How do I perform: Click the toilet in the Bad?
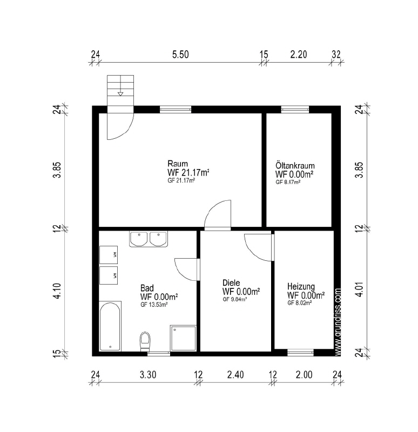click(145, 341)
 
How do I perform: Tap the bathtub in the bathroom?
click(110, 326)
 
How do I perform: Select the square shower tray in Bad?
click(183, 338)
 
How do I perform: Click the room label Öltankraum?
click(295, 166)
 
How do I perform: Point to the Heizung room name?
click(301, 287)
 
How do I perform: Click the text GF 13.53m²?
click(154, 305)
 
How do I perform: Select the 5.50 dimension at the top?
click(180, 55)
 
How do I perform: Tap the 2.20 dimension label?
click(299, 55)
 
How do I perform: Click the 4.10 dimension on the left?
click(58, 291)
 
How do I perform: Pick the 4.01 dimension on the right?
click(360, 289)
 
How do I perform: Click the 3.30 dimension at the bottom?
click(148, 375)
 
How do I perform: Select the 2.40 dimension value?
click(235, 375)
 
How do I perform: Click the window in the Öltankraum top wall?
click(295, 110)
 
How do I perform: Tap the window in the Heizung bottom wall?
click(301, 353)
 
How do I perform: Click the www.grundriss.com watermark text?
click(338, 322)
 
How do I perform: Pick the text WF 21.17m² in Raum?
click(188, 172)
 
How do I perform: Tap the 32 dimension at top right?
click(336, 55)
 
